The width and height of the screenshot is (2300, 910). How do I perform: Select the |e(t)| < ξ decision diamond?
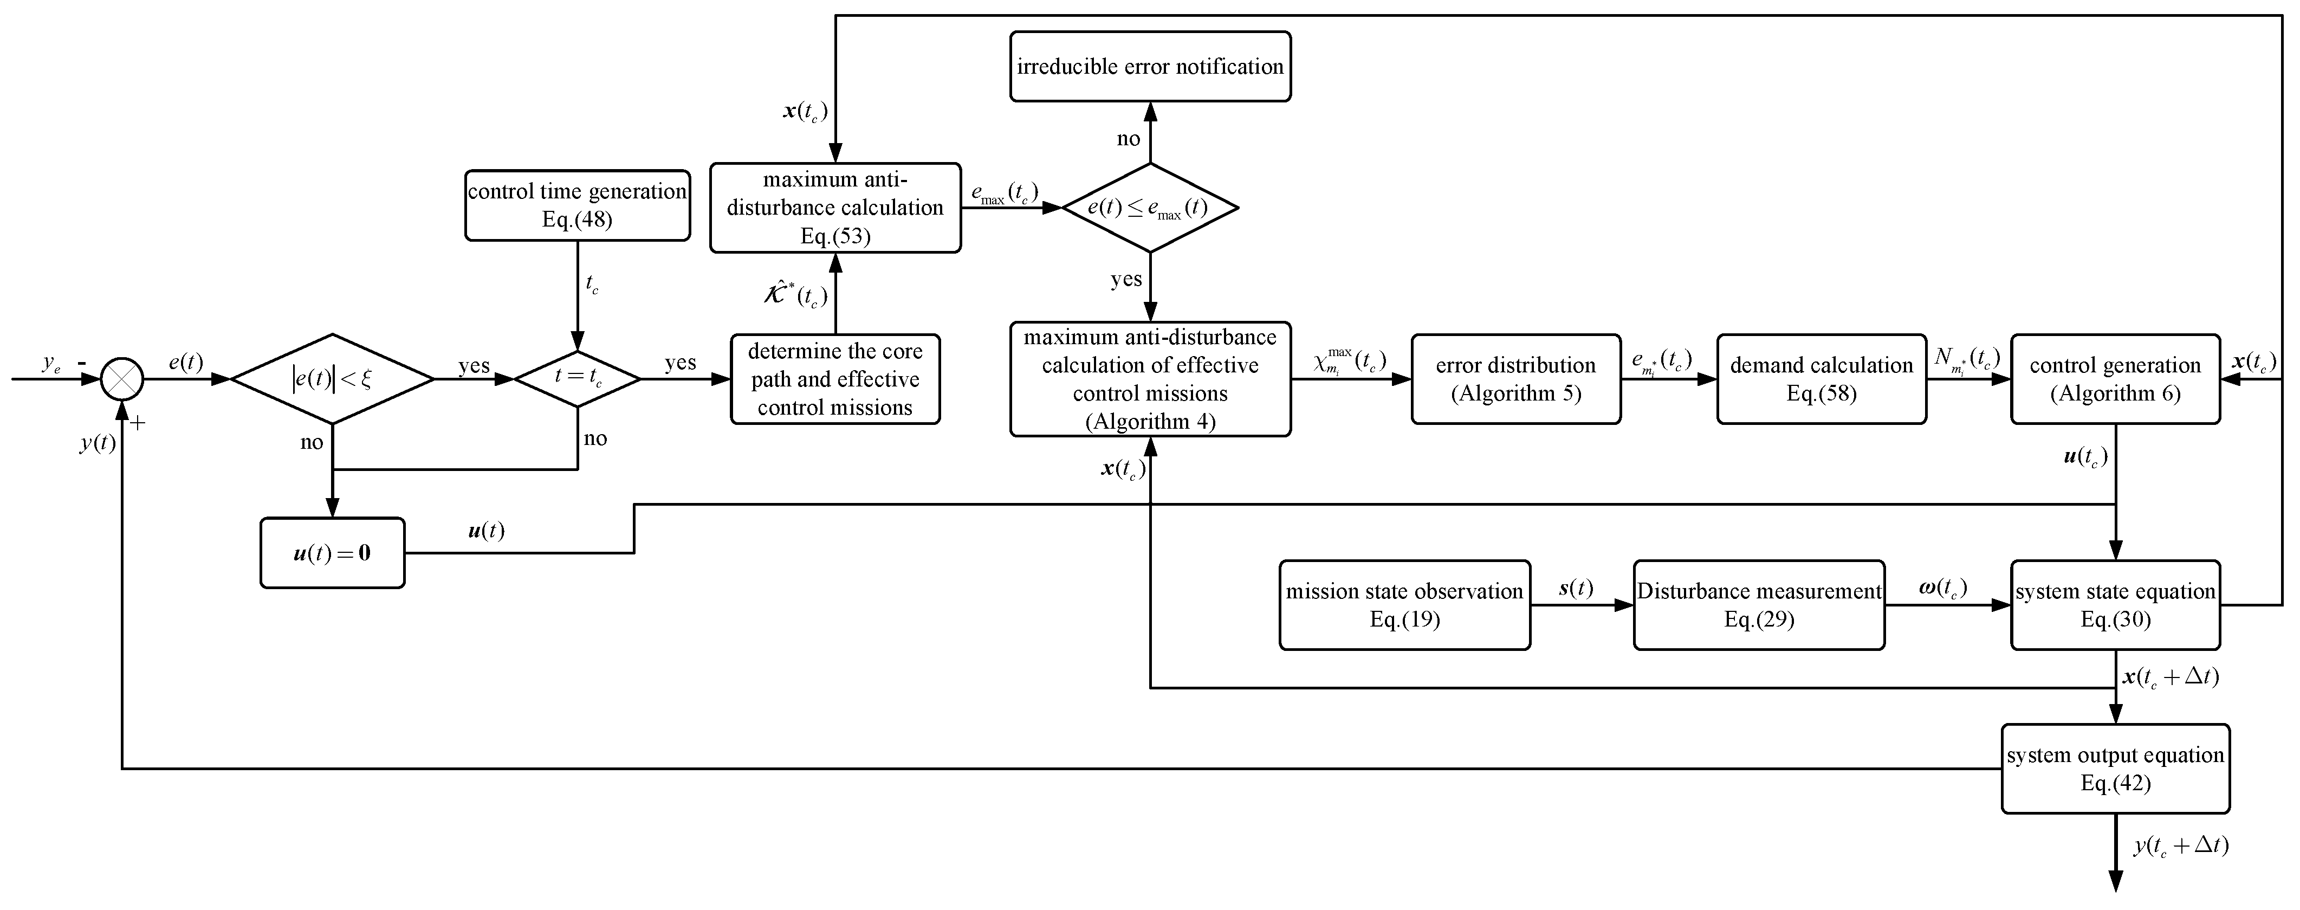click(x=332, y=379)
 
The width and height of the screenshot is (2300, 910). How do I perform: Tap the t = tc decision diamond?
click(x=578, y=379)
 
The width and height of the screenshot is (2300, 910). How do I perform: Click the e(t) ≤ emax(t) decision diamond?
click(x=1149, y=207)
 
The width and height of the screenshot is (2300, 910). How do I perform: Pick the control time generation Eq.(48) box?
click(x=577, y=205)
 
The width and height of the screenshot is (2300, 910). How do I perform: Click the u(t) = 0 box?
click(x=332, y=553)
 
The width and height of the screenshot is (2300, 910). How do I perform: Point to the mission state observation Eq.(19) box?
click(x=1404, y=604)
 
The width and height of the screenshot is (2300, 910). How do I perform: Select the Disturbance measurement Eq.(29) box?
click(x=1758, y=604)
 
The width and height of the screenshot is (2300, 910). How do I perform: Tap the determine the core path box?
click(x=835, y=379)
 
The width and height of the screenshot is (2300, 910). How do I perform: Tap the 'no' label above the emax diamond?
click(x=1129, y=138)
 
